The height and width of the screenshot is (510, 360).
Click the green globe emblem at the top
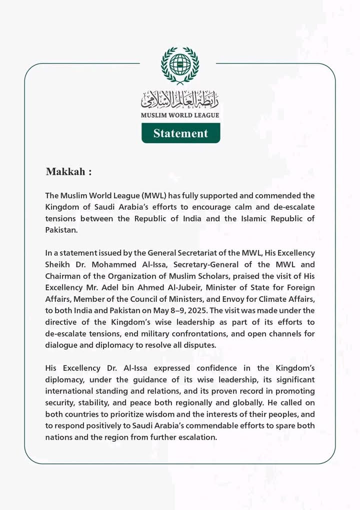[180, 65]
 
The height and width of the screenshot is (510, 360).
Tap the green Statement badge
[180, 133]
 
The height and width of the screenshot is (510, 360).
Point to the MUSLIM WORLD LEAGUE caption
[180, 115]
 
